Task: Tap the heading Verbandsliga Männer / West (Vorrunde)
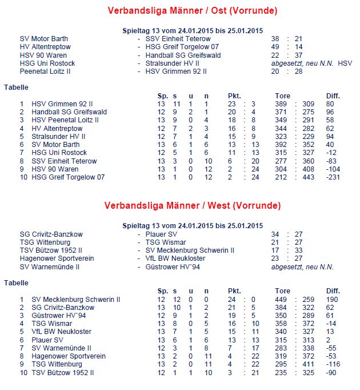coord(193,205)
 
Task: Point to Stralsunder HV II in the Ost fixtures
coord(172,63)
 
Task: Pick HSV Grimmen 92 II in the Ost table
coord(62,104)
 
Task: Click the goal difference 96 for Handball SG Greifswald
coord(331,112)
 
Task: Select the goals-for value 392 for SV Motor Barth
coord(281,145)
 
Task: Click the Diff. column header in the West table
coord(333,290)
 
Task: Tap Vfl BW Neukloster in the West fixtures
coord(175,258)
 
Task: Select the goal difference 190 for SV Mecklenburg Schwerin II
coord(332,299)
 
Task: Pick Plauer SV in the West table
coord(48,340)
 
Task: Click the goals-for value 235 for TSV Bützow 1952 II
coord(281,372)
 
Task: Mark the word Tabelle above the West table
coord(16,282)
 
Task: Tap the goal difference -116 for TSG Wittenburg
coord(333,364)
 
